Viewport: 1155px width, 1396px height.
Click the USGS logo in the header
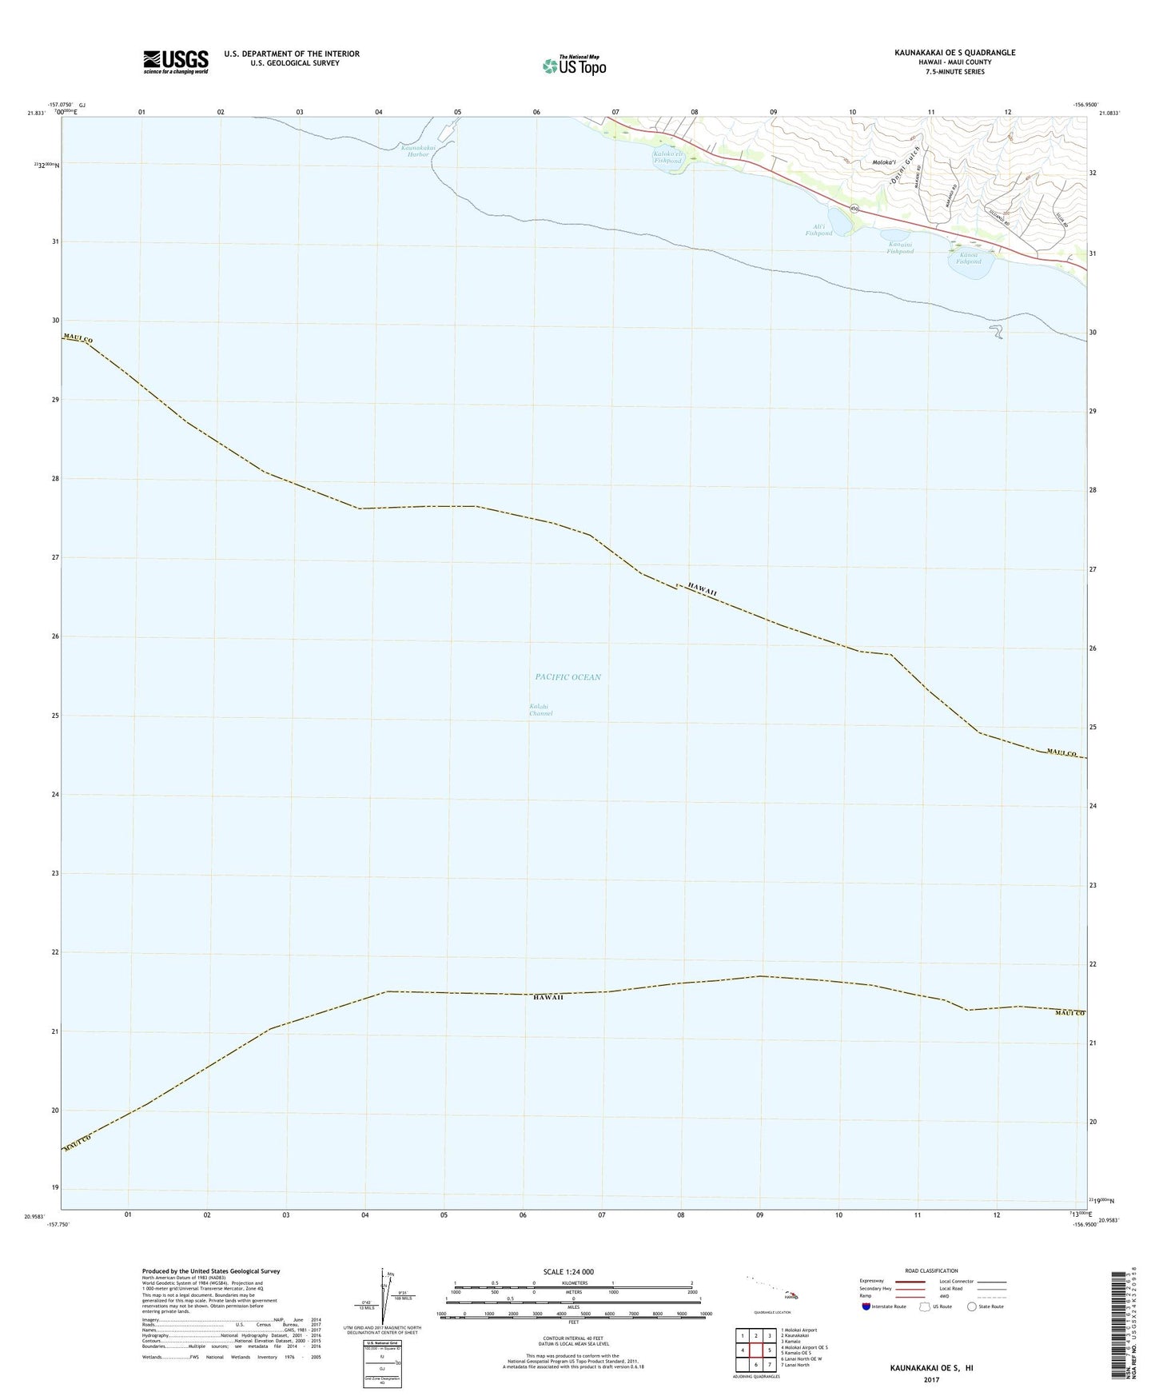(x=176, y=61)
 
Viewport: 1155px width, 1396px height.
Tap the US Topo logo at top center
(x=573, y=65)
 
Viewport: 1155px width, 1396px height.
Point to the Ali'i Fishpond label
(x=818, y=230)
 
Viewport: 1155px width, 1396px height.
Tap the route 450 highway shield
(x=854, y=209)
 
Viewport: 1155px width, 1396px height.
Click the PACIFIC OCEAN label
(x=568, y=677)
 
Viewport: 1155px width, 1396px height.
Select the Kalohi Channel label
(x=540, y=709)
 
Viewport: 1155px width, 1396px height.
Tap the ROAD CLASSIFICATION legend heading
(x=931, y=1270)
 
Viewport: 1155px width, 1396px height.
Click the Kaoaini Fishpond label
(x=899, y=247)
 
